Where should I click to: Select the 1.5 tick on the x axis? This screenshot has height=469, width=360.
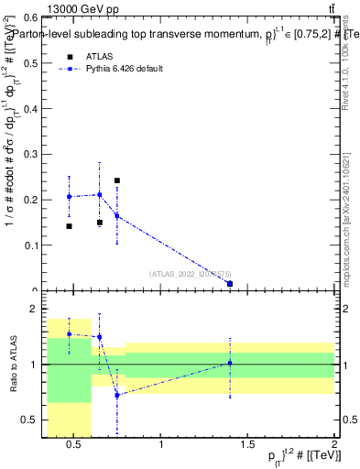point(248,445)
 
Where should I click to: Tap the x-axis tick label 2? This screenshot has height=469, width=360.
point(334,445)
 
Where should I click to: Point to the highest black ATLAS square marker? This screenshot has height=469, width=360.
point(117,181)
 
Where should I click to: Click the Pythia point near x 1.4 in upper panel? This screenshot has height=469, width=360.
point(230,284)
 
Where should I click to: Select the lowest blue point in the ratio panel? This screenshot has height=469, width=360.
point(117,395)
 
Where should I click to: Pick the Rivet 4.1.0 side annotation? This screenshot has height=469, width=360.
point(349,82)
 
